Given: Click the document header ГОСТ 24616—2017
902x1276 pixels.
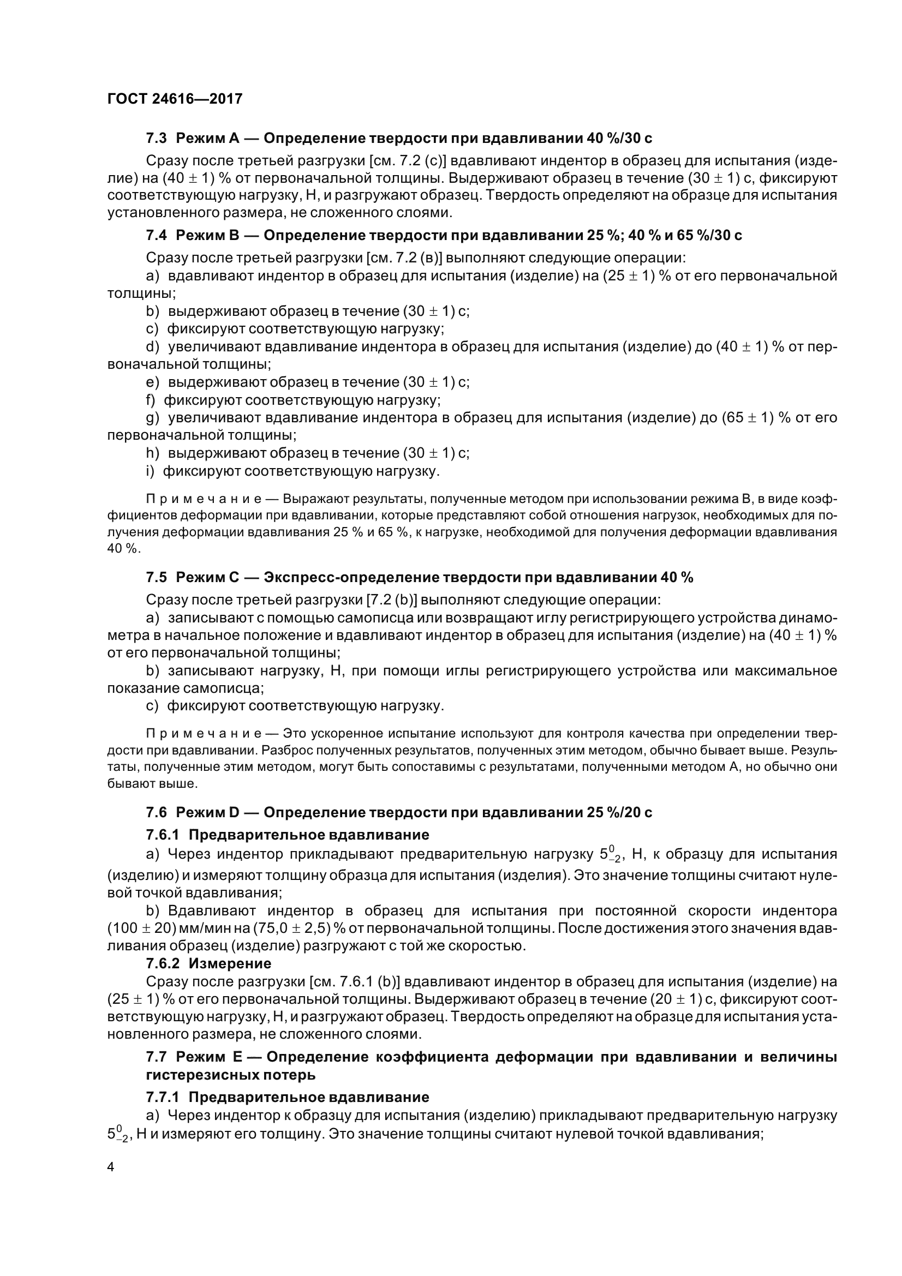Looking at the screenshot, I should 175,99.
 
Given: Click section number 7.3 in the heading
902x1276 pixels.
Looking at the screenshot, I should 156,138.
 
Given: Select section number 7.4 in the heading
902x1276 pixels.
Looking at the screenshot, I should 156,235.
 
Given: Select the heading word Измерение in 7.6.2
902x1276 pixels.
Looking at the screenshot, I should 230,963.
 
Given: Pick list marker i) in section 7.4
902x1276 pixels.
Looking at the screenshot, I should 150,471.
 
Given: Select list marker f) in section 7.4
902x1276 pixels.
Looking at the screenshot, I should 151,400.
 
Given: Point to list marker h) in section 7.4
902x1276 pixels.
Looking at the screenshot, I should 152,453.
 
